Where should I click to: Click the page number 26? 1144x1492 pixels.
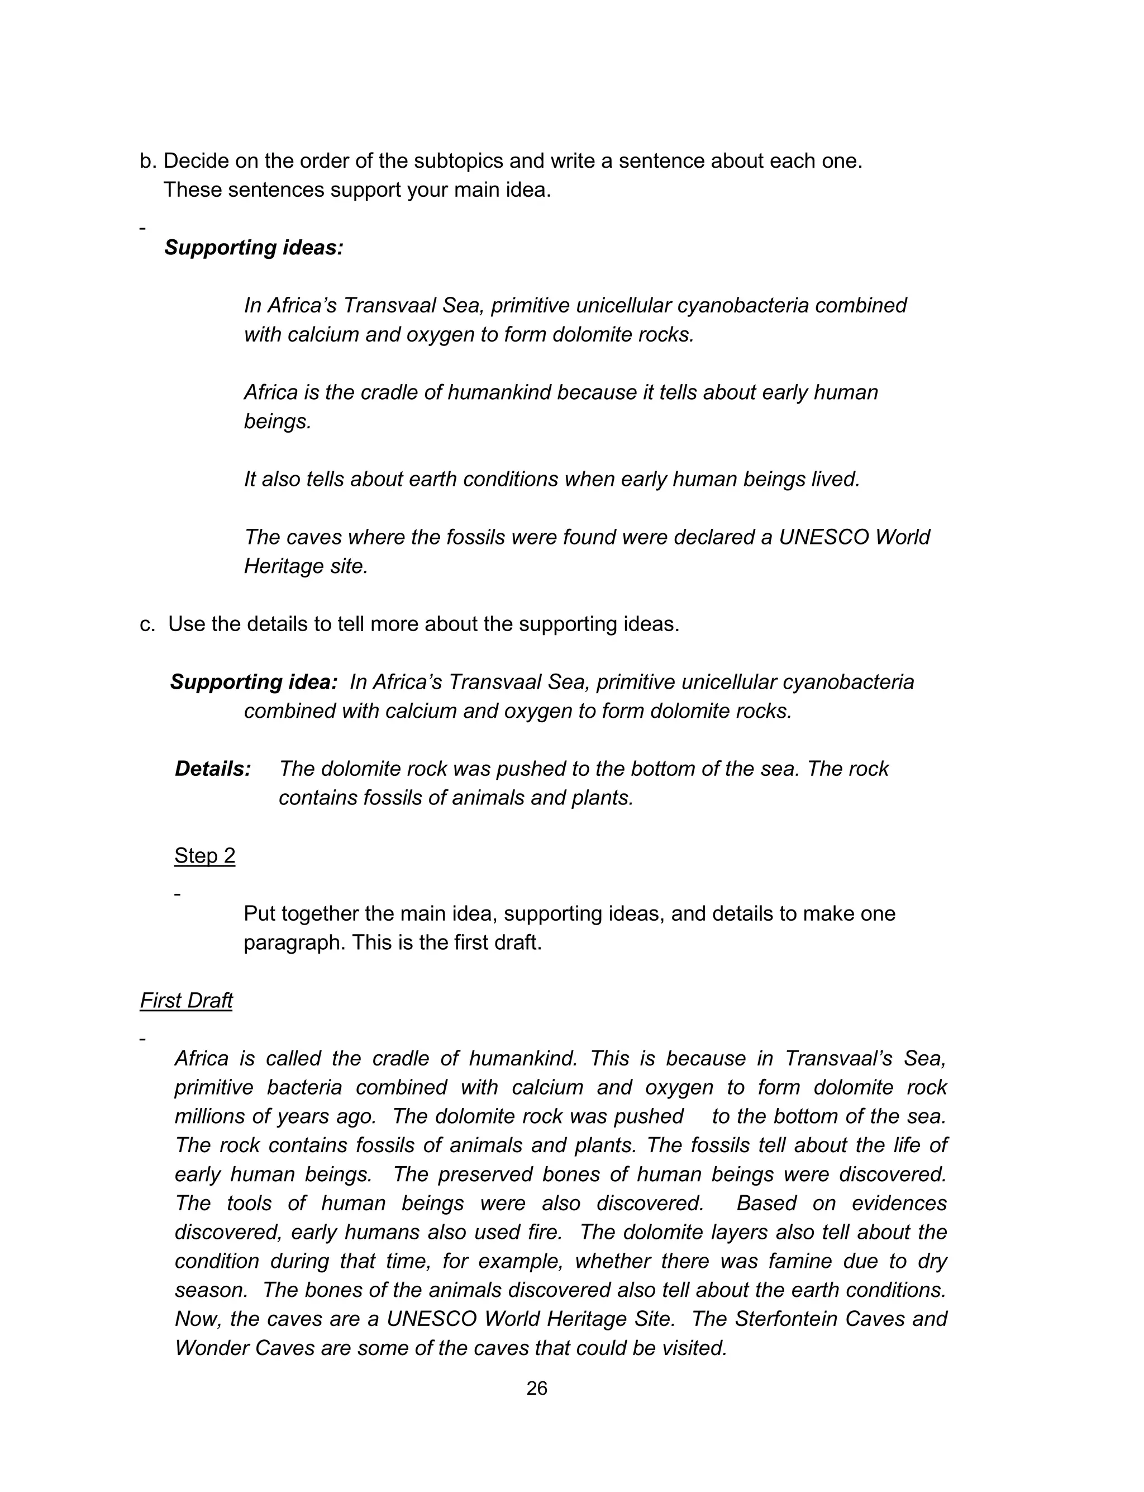pyautogui.click(x=537, y=1388)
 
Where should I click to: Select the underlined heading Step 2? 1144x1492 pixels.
pyautogui.click(x=204, y=856)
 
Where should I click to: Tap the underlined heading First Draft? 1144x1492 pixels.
pyautogui.click(x=186, y=1000)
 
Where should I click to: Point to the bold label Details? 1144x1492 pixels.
pyautogui.click(x=212, y=769)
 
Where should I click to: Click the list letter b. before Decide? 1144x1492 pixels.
pyautogui.click(x=148, y=161)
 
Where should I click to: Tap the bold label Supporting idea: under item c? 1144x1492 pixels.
pyautogui.click(x=253, y=682)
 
